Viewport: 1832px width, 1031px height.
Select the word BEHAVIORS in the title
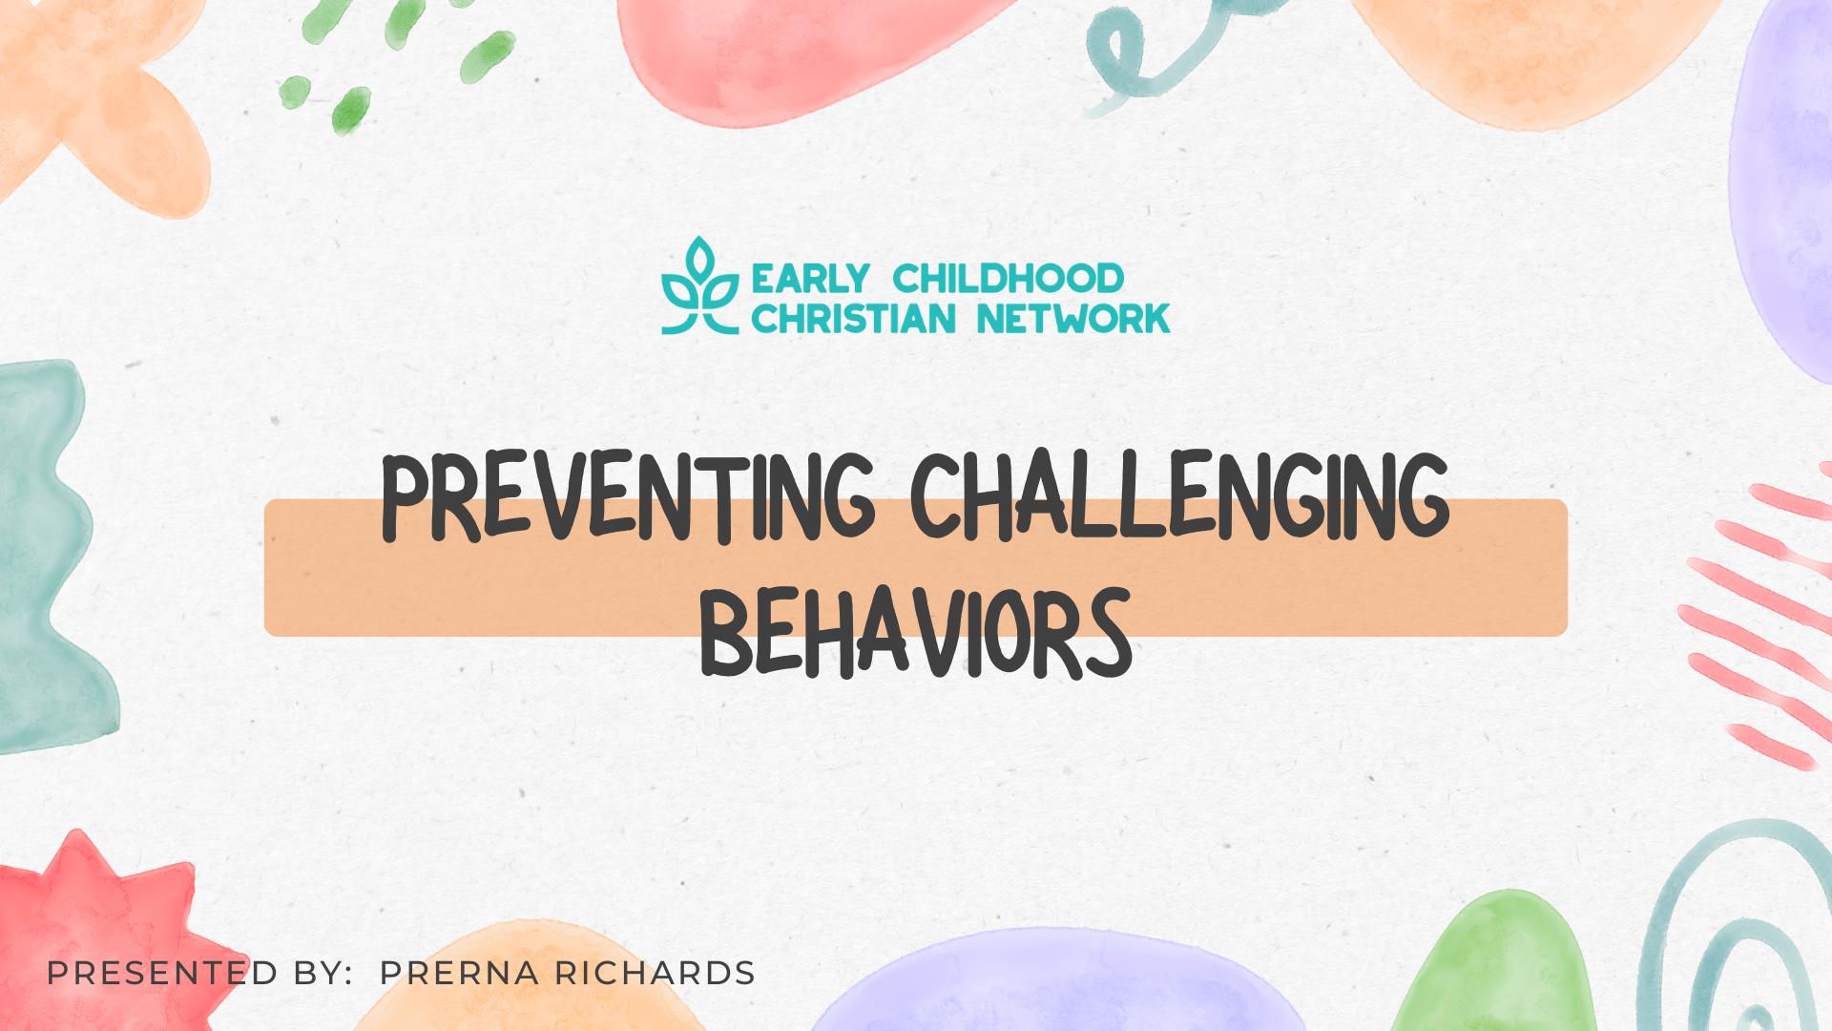pos(916,633)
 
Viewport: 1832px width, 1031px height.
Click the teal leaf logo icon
pos(700,285)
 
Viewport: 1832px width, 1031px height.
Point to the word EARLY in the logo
pos(810,279)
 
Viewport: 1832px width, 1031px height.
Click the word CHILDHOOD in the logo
pos(1009,279)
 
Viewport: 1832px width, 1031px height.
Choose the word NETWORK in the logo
pos(1073,319)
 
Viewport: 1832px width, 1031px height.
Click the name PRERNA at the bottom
pos(459,974)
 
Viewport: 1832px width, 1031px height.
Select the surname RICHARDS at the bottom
pos(655,974)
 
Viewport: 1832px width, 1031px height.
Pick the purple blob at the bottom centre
pos(1059,983)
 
